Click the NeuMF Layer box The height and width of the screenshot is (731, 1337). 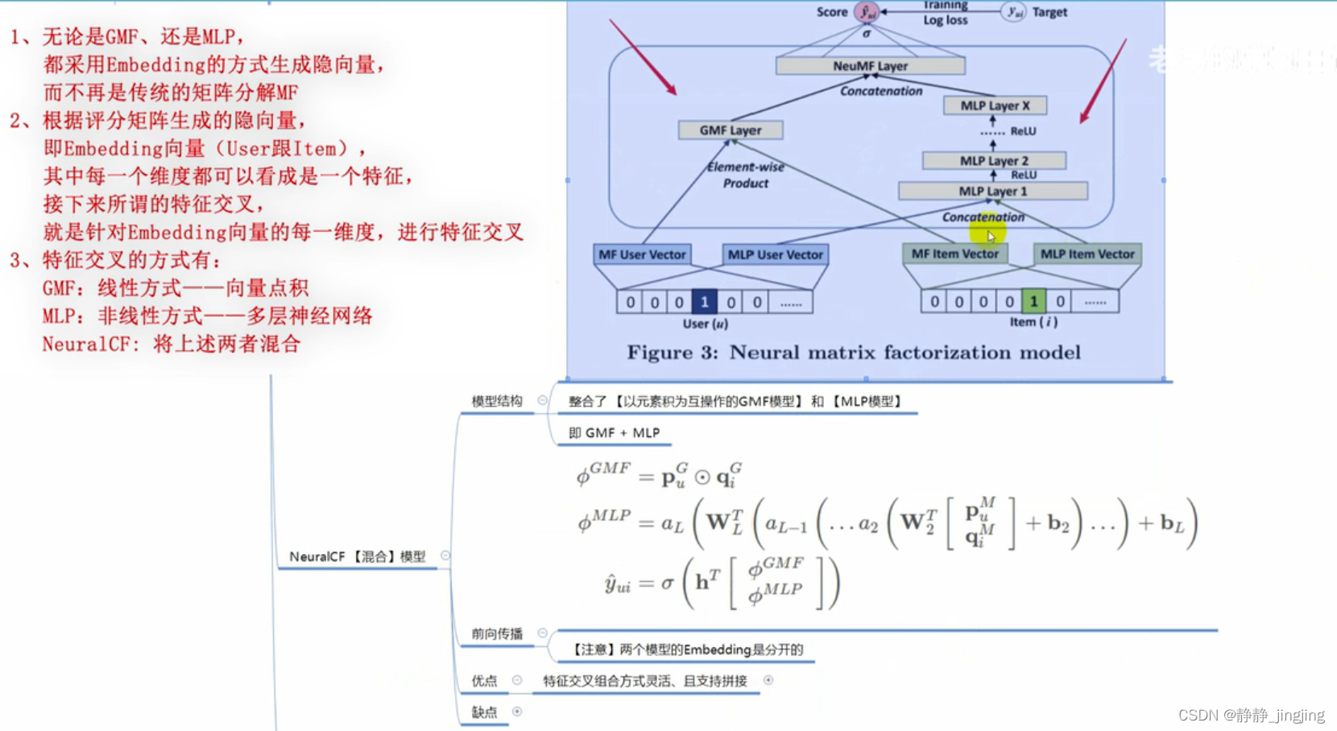tap(870, 66)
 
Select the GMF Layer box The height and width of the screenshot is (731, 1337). tap(730, 130)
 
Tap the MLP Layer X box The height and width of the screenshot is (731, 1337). tap(995, 105)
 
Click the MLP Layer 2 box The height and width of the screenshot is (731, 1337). tap(994, 161)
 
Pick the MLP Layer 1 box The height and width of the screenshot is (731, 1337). tap(992, 192)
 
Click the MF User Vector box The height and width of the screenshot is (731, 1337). tap(642, 254)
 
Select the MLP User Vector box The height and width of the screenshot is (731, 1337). tap(775, 254)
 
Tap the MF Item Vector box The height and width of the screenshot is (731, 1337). tap(954, 254)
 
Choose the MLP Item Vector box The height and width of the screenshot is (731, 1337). tap(1087, 254)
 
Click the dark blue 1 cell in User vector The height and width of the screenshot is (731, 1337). tap(704, 302)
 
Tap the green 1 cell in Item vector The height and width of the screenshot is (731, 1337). tap(1033, 301)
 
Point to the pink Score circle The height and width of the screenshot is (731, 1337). tap(867, 12)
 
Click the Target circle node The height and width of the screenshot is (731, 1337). tap(1013, 12)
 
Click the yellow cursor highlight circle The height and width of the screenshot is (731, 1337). tap(987, 233)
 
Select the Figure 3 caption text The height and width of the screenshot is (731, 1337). tap(854, 353)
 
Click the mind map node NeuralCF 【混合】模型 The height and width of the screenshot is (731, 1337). tap(357, 556)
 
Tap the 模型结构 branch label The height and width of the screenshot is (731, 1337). tap(497, 401)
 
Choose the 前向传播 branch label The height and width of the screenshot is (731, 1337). tap(497, 634)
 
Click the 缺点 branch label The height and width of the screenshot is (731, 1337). tap(484, 712)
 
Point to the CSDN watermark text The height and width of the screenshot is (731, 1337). tap(1251, 715)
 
